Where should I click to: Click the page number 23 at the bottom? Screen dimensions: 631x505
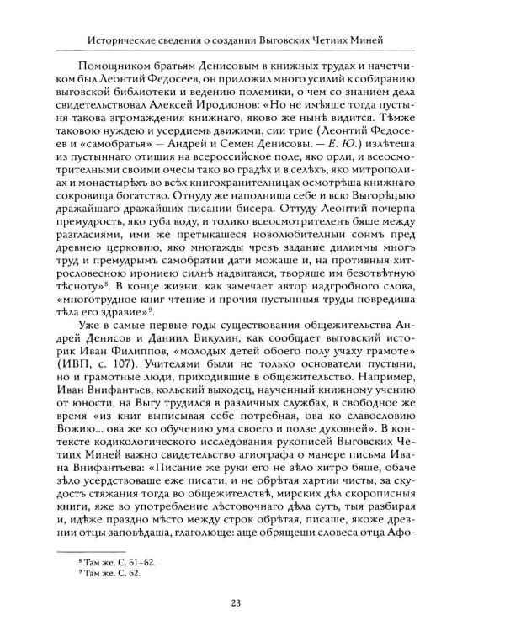[252, 601]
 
